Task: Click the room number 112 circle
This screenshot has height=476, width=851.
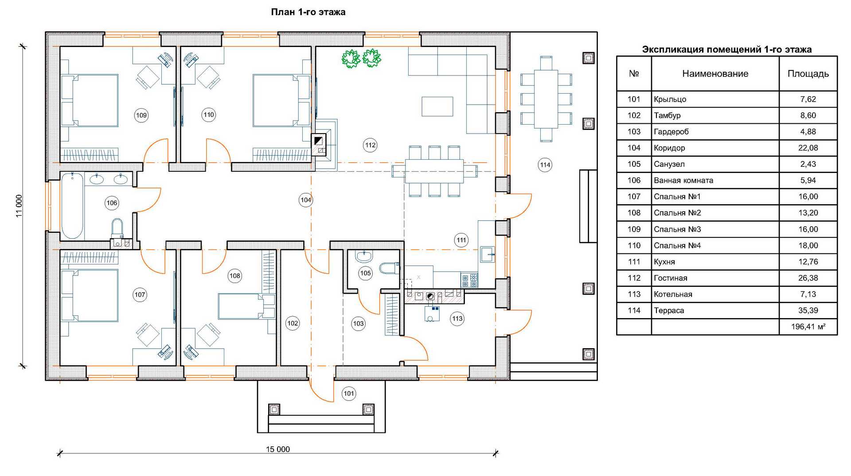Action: pyautogui.click(x=370, y=145)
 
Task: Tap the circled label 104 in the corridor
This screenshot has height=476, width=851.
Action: pyautogui.click(x=306, y=200)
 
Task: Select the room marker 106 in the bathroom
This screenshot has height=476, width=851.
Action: pyautogui.click(x=112, y=203)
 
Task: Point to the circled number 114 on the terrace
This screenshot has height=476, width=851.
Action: pyautogui.click(x=545, y=165)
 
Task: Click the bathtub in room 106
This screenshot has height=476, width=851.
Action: pyautogui.click(x=72, y=206)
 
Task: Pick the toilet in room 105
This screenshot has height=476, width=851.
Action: pyautogui.click(x=389, y=268)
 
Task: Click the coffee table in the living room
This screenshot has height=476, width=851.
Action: pyautogui.click(x=437, y=106)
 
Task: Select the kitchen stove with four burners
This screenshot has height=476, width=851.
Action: pyautogui.click(x=469, y=281)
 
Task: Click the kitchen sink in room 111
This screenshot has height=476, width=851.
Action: pyautogui.click(x=488, y=255)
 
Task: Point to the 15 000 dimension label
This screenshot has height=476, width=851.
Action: pyautogui.click(x=278, y=449)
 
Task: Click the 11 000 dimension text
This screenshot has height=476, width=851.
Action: pyautogui.click(x=19, y=206)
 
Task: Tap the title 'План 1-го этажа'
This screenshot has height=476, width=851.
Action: pyautogui.click(x=308, y=12)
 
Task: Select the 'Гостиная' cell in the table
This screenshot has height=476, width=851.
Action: pyautogui.click(x=671, y=278)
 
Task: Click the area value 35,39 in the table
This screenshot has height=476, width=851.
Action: pyautogui.click(x=808, y=311)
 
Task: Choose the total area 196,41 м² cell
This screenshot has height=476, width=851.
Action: pyautogui.click(x=808, y=327)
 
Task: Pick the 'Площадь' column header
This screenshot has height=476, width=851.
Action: pyautogui.click(x=808, y=74)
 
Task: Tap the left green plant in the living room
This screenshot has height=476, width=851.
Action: pyautogui.click(x=351, y=59)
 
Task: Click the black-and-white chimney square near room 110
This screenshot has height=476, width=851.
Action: pyautogui.click(x=318, y=142)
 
